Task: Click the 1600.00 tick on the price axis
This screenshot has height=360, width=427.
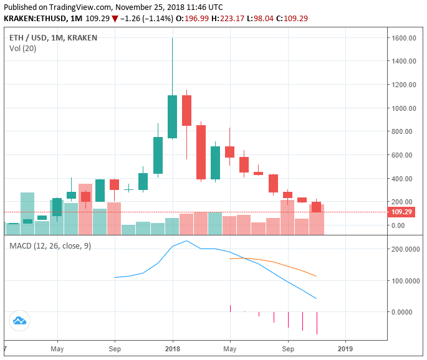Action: [x=405, y=38]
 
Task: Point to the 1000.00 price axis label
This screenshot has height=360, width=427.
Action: [x=405, y=108]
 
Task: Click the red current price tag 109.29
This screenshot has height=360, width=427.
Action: [x=403, y=212]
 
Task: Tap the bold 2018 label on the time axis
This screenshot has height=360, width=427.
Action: [x=173, y=349]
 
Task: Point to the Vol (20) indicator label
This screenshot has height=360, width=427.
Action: [x=22, y=49]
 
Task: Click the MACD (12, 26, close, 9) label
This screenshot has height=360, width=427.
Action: [x=50, y=245]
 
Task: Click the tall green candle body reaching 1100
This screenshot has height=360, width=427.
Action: [x=172, y=116]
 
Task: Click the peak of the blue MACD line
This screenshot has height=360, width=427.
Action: [x=186, y=240]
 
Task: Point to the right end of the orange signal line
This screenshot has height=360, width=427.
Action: [x=317, y=276]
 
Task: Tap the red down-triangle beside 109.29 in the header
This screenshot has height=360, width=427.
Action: [x=115, y=18]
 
